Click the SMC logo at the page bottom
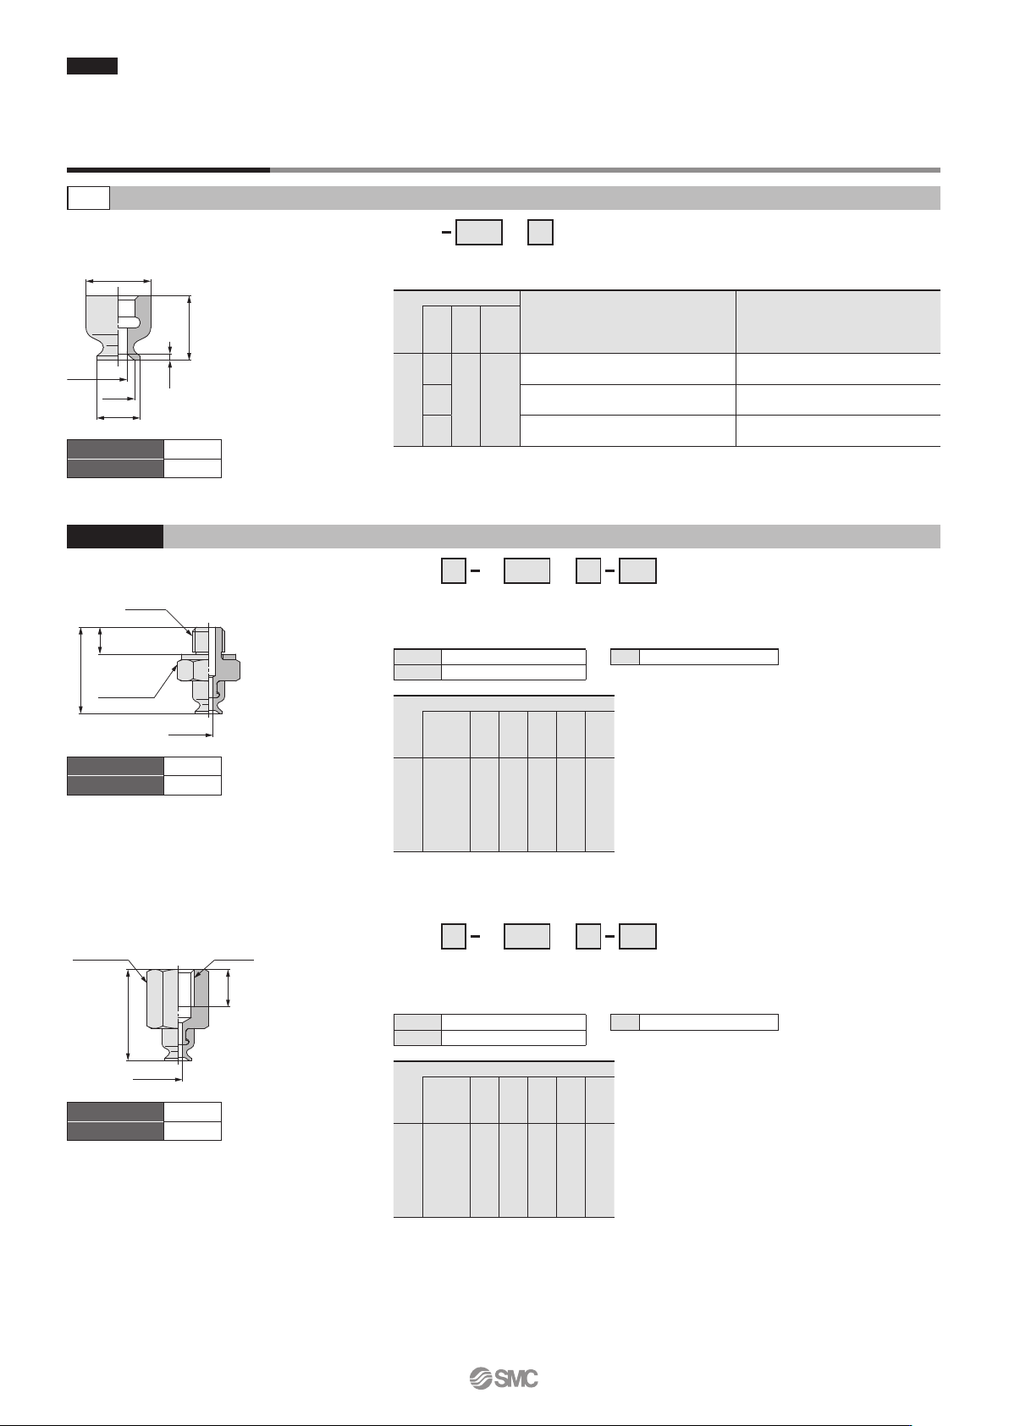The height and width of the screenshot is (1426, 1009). click(x=504, y=1379)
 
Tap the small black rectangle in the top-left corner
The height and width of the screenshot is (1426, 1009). click(x=92, y=66)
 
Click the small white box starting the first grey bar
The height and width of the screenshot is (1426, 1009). click(x=89, y=198)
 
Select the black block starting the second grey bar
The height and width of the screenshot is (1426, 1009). click(x=115, y=537)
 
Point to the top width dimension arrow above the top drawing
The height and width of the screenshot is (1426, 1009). click(x=119, y=281)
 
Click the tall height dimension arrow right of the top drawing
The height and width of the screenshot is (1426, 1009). click(x=189, y=328)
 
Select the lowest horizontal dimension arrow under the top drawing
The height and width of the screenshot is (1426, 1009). click(x=119, y=418)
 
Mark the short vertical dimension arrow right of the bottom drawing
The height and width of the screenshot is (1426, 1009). click(x=228, y=988)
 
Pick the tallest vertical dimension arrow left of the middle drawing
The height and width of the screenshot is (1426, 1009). click(x=81, y=670)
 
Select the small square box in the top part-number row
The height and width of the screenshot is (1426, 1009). click(x=540, y=233)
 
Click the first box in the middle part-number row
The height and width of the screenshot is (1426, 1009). click(x=453, y=570)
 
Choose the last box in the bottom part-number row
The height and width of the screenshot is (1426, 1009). click(x=638, y=936)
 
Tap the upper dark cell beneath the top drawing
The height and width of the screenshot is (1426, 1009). click(x=115, y=449)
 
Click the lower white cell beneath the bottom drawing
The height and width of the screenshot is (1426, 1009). click(x=192, y=1131)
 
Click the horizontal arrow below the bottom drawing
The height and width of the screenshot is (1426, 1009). click(x=157, y=1079)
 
